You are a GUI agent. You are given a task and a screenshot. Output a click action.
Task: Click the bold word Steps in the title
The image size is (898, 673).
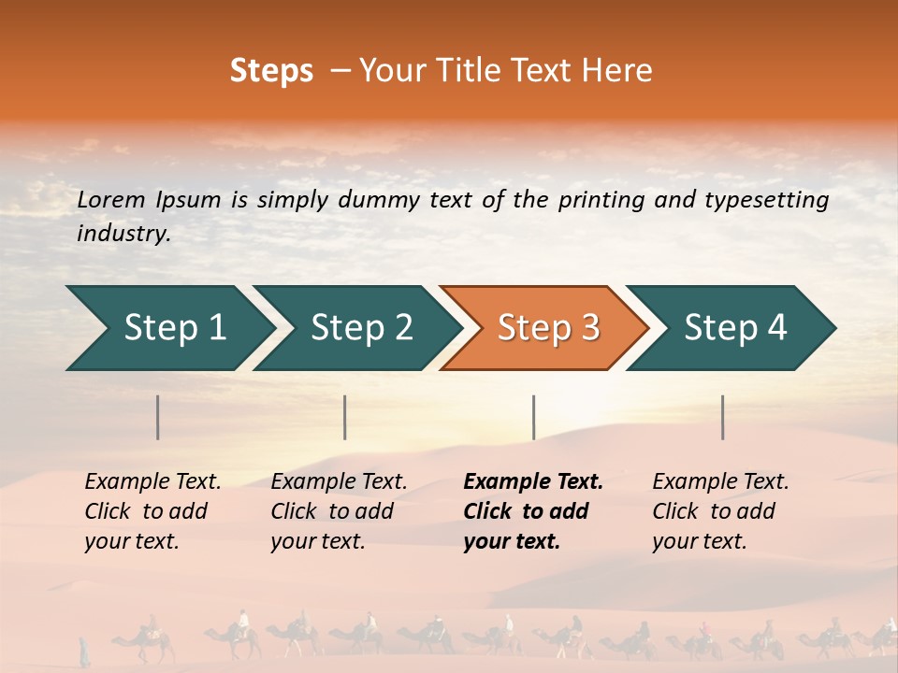click(271, 71)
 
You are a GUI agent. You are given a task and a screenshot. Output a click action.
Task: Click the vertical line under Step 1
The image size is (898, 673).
click(158, 417)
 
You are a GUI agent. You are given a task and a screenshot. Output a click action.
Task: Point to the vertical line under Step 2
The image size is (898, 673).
click(345, 417)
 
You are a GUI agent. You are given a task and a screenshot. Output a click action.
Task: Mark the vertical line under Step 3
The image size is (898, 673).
click(534, 417)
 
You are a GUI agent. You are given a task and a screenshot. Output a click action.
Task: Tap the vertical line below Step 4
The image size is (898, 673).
click(723, 417)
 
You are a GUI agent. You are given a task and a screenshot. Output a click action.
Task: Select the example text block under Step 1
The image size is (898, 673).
click(152, 511)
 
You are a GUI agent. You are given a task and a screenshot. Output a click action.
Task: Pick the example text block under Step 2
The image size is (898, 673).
click(339, 511)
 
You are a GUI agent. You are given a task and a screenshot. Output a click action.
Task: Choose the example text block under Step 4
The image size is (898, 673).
click(720, 511)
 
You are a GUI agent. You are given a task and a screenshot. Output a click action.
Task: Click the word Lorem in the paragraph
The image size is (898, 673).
click(111, 200)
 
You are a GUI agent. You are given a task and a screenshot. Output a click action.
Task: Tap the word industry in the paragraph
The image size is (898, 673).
click(123, 234)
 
